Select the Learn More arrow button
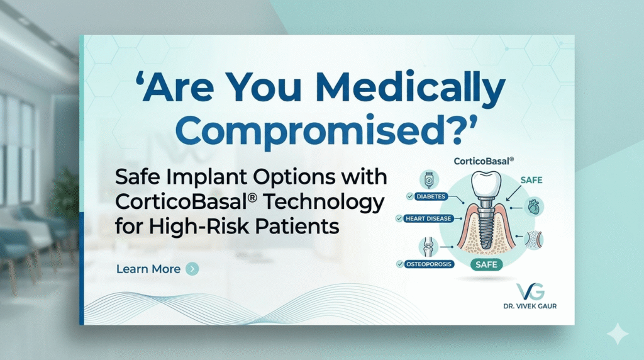(192, 269)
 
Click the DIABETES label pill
(430, 196)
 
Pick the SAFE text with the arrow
(531, 180)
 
